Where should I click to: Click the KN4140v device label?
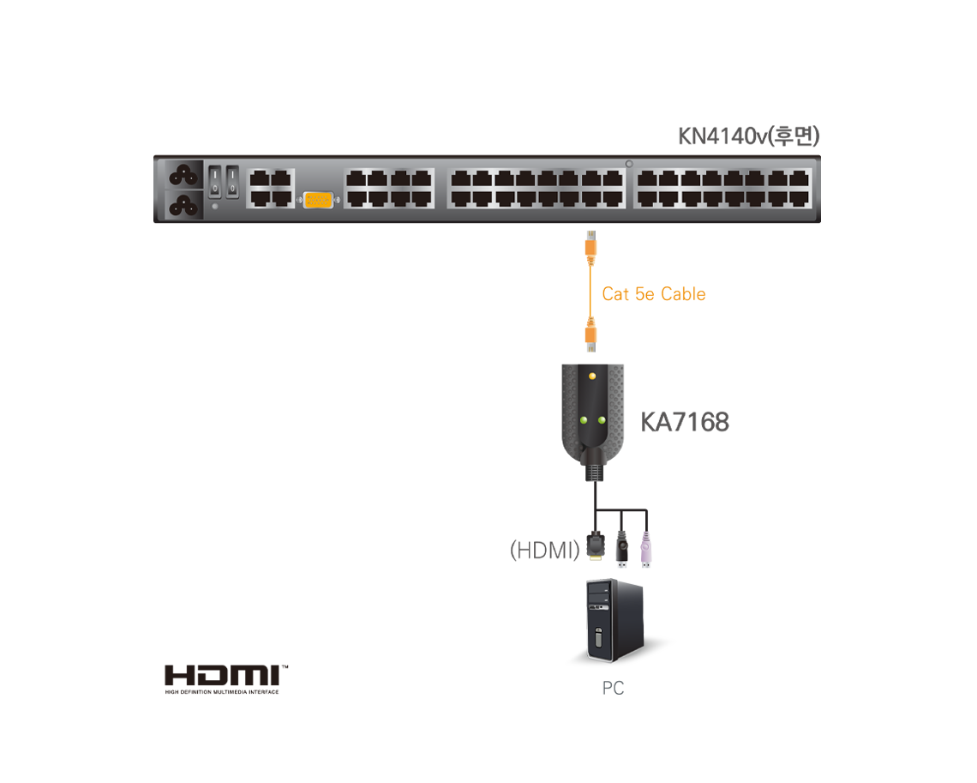pos(748,136)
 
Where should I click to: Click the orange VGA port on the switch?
pos(318,200)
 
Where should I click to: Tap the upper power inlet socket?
pos(183,175)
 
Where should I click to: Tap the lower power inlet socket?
pos(183,204)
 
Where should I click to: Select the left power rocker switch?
pos(214,182)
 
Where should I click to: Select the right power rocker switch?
pos(232,182)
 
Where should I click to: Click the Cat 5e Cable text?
pos(654,294)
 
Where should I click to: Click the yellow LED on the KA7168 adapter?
pos(592,376)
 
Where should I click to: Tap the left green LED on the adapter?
pos(584,420)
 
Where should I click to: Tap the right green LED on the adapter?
pos(602,420)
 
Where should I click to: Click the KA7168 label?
pos(685,422)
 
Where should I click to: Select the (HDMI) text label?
pos(544,550)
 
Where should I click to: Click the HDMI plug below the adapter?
pos(596,547)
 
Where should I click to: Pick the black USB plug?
pos(622,549)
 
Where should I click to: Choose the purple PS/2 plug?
pos(646,550)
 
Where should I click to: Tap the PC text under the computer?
pos(613,688)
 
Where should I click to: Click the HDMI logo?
pos(226,679)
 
